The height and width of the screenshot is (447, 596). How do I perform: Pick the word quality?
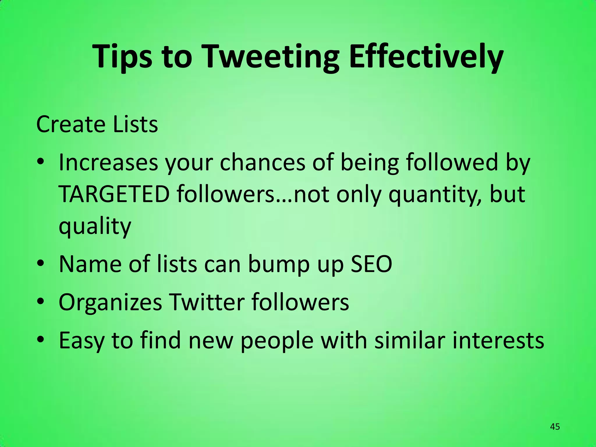[95, 227]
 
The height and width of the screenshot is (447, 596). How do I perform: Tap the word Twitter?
[207, 302]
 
